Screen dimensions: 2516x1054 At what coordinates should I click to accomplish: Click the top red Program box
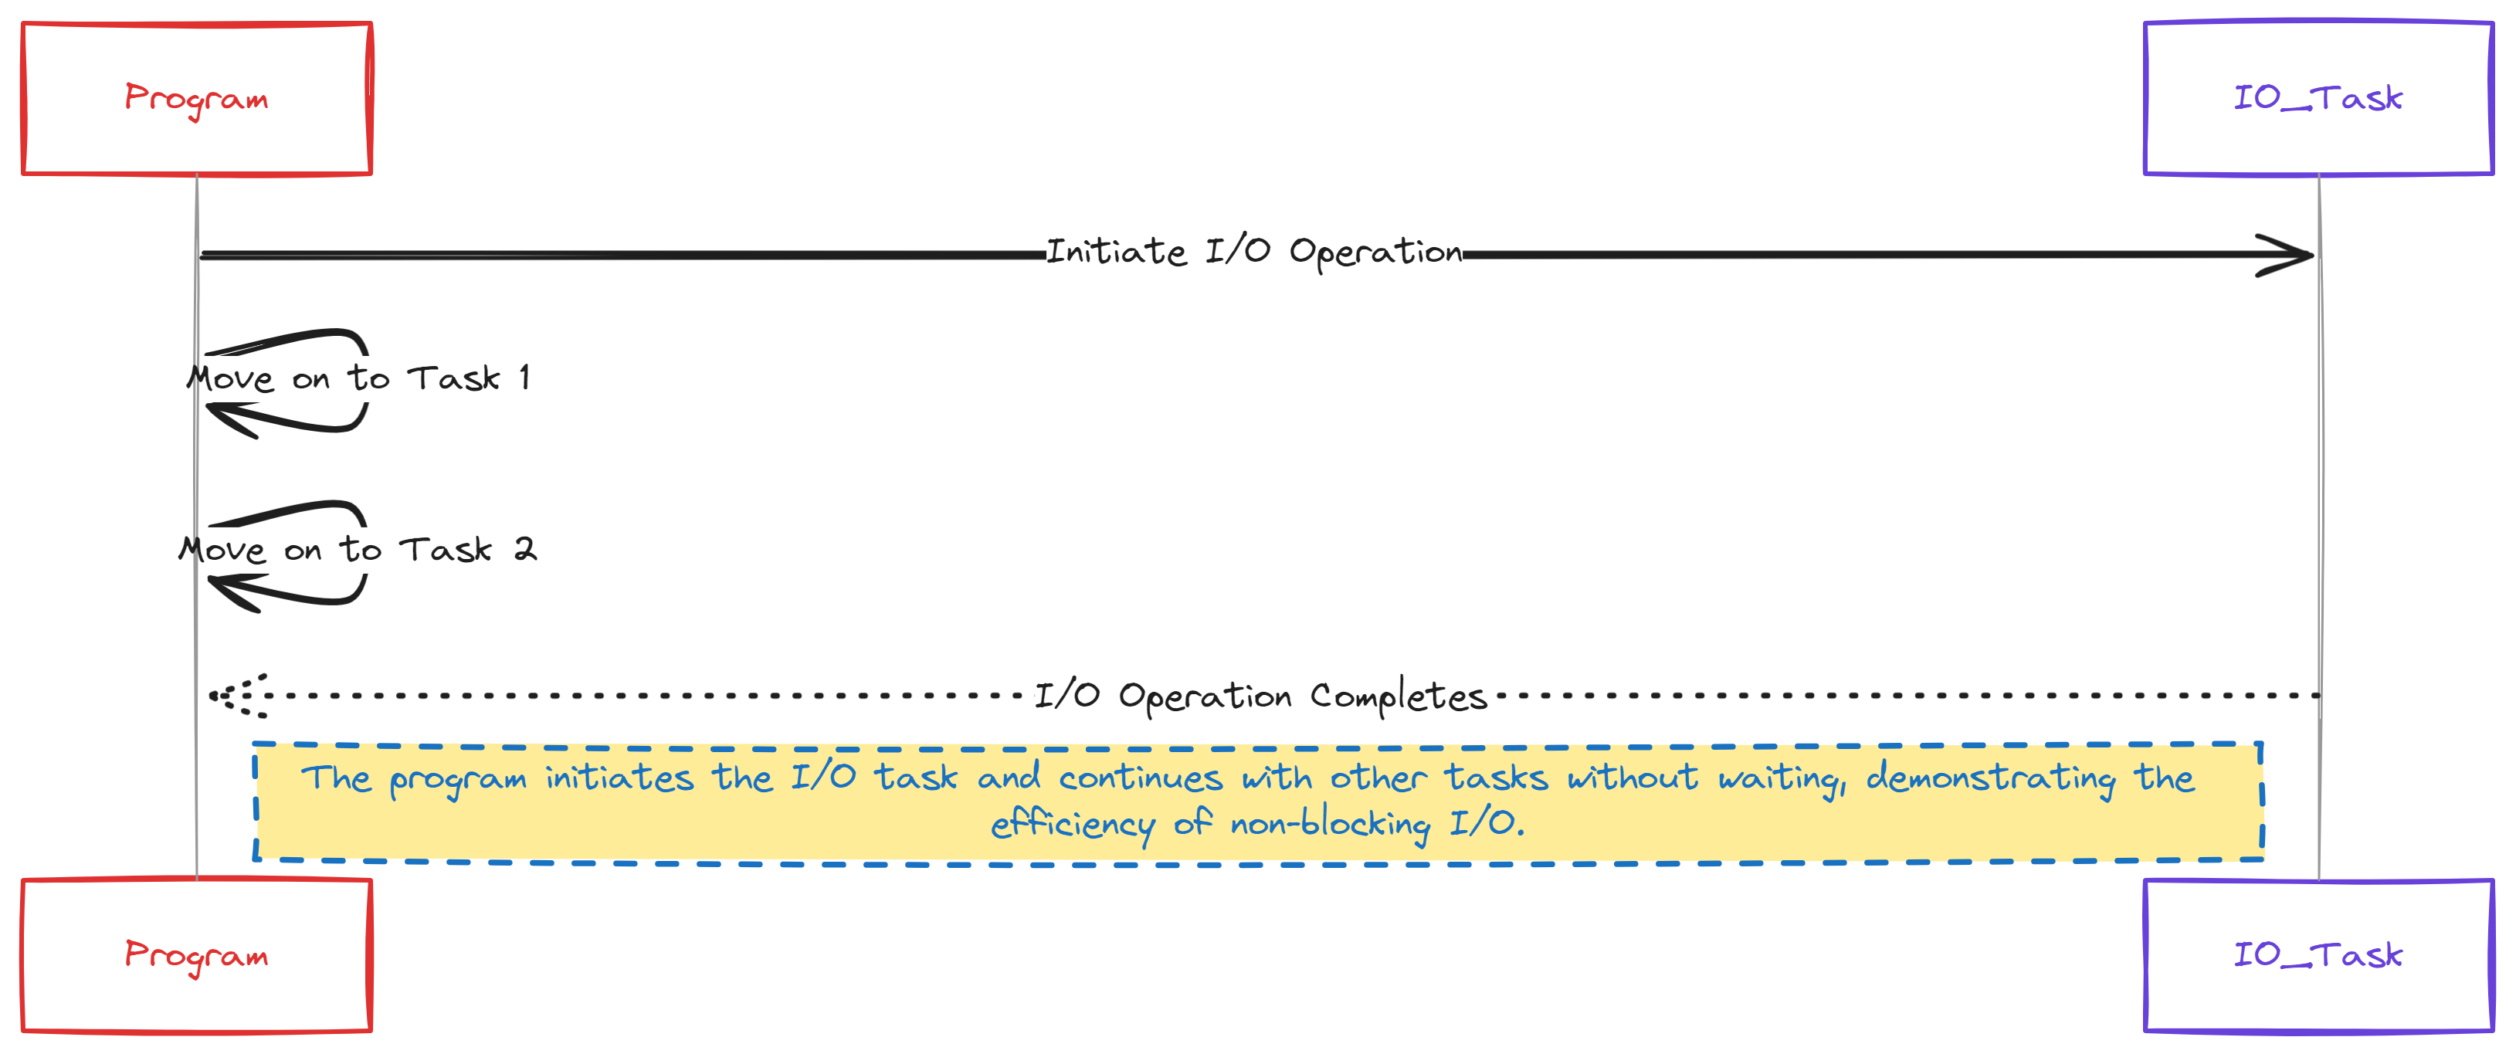point(196,99)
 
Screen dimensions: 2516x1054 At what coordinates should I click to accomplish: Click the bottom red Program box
point(196,954)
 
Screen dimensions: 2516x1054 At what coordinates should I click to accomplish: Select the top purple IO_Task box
point(2318,98)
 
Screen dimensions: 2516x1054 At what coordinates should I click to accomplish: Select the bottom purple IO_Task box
point(2318,954)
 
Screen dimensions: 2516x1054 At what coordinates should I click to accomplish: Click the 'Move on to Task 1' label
point(358,378)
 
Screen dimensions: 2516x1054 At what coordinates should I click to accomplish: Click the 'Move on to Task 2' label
point(358,549)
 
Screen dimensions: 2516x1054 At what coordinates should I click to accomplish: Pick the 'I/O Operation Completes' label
point(1260,696)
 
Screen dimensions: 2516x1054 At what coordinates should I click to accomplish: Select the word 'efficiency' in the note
point(1071,825)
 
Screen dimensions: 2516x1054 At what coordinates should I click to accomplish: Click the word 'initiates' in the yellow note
point(619,778)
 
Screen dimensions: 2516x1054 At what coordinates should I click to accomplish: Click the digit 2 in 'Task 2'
point(525,549)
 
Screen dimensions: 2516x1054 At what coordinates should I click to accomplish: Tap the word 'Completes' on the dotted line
point(1398,696)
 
